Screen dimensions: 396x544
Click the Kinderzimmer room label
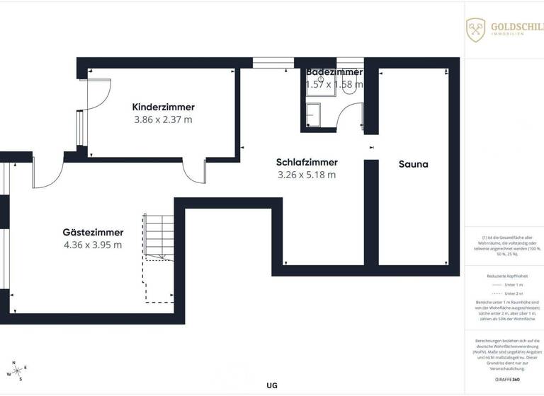point(163,107)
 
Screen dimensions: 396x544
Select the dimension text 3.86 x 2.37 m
point(163,120)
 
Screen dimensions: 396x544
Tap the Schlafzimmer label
point(306,162)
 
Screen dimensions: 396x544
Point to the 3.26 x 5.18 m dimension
point(306,175)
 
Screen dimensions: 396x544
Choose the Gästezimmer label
point(93,232)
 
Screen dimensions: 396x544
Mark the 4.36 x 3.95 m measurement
point(93,245)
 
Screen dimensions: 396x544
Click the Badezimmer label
point(334,72)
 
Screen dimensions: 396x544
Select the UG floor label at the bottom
point(272,385)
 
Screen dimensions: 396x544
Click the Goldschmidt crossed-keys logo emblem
point(475,30)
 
